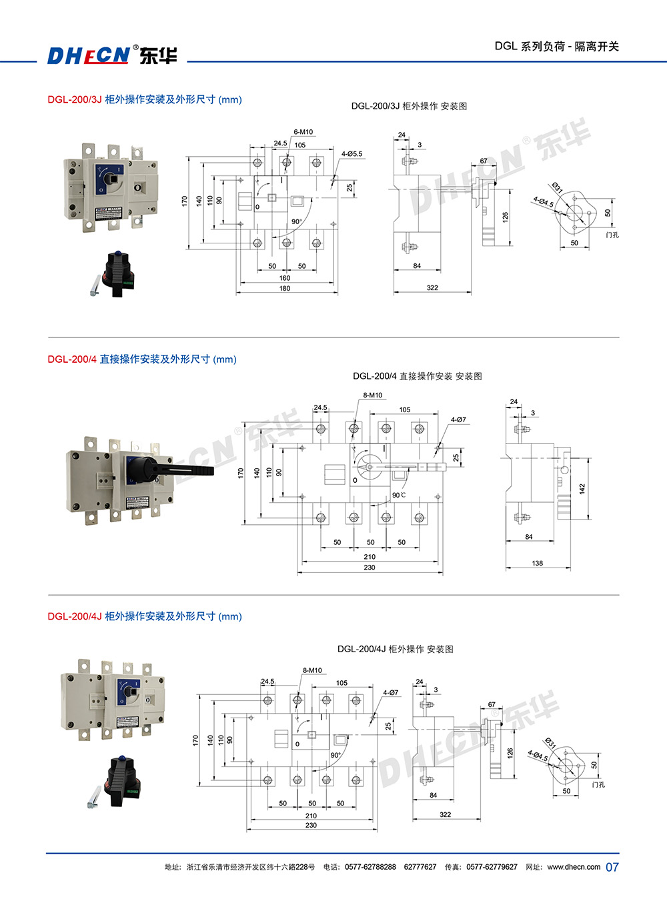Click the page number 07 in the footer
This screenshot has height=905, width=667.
tap(612, 867)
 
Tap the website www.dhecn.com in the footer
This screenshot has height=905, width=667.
tap(574, 867)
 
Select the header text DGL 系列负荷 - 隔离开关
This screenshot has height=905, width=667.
tap(556, 46)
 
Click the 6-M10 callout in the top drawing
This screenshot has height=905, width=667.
tap(303, 132)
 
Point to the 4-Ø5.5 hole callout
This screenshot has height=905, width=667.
tap(352, 154)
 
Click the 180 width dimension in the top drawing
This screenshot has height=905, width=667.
tap(285, 289)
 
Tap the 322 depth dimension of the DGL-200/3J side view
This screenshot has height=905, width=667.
tap(432, 288)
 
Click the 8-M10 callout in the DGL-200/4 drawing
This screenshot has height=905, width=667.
tap(372, 395)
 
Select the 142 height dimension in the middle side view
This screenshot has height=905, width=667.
tap(582, 489)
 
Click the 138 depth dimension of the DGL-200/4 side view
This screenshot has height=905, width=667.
tap(537, 564)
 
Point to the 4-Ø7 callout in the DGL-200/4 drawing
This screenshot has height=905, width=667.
tap(458, 419)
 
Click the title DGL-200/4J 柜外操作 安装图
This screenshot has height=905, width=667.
tap(395, 649)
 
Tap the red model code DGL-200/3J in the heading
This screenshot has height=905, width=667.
tap(74, 100)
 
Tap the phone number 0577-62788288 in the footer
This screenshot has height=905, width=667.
tap(370, 867)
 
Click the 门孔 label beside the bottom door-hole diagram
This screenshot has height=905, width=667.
tap(598, 785)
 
